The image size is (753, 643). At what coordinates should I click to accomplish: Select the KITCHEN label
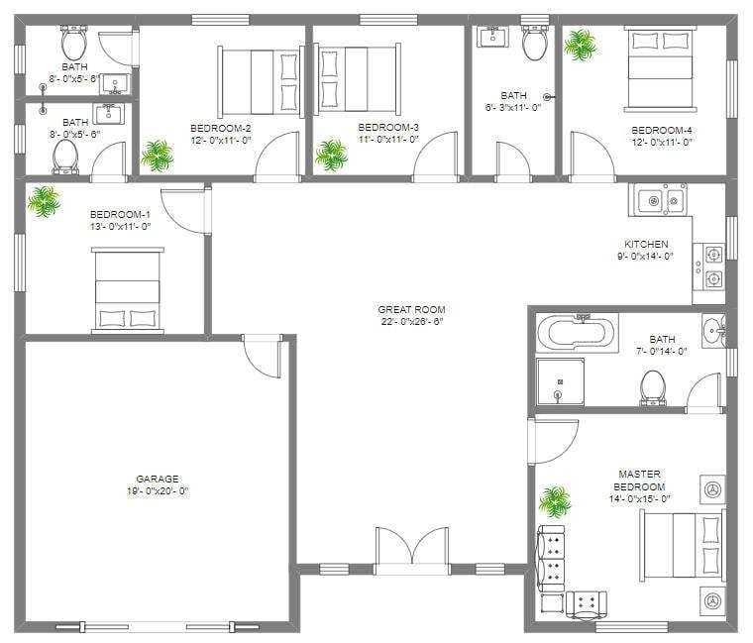pos(645,244)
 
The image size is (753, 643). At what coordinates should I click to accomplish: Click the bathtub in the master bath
pos(576,332)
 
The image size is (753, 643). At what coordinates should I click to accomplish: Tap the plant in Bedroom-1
pos(43,202)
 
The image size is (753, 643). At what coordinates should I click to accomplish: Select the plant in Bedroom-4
pos(580,44)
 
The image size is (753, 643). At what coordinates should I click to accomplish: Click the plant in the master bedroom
pos(555,501)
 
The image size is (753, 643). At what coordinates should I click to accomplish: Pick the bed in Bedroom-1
pos(127,289)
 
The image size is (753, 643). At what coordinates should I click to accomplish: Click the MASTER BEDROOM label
pos(639,481)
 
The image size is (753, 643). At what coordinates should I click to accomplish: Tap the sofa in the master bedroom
pos(551,561)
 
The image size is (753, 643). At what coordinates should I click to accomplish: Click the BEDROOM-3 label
pos(388,128)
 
